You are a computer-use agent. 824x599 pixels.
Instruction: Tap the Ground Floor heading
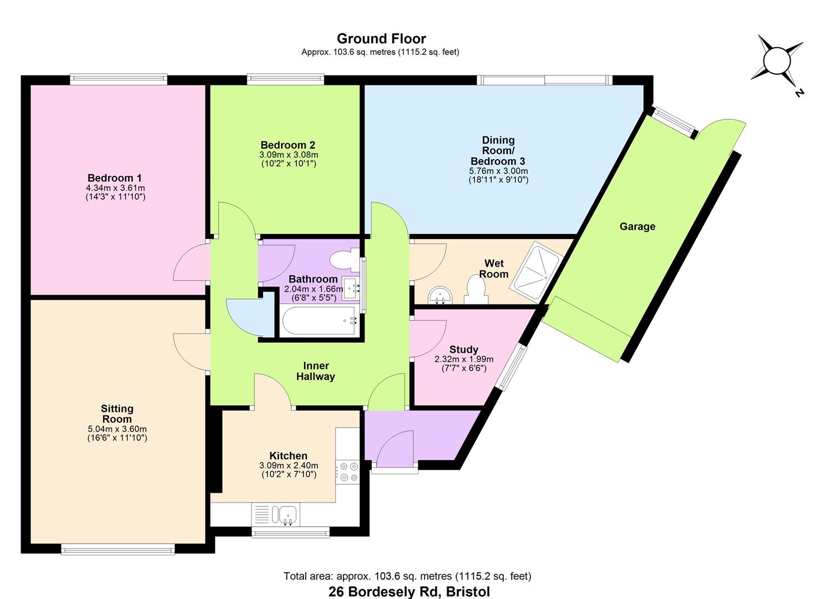click(x=381, y=39)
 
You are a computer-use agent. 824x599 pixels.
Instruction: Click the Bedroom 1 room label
click(x=114, y=178)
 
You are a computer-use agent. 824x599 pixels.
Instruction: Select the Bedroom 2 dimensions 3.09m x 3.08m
click(x=289, y=155)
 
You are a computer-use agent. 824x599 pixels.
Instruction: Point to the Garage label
click(x=637, y=226)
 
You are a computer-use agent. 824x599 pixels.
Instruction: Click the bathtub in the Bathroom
click(x=319, y=320)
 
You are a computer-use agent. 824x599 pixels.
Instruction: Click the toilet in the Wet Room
click(x=476, y=290)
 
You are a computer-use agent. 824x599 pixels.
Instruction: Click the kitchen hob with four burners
click(x=348, y=472)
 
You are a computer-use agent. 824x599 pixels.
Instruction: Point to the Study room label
click(x=463, y=349)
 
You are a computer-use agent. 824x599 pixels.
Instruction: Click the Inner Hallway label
click(x=316, y=371)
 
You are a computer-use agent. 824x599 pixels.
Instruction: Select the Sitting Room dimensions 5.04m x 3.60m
click(x=117, y=429)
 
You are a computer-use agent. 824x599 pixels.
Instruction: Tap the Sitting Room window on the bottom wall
click(x=118, y=550)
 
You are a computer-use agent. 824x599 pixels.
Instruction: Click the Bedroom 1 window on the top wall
click(x=118, y=79)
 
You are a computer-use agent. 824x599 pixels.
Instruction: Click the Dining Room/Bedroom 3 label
click(x=498, y=150)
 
